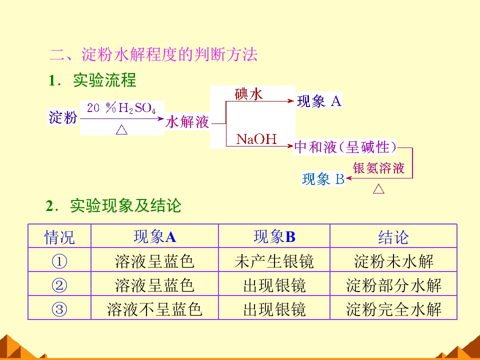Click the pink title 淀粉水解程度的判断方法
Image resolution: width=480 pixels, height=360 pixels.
click(x=169, y=55)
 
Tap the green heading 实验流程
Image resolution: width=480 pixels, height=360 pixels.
click(x=104, y=80)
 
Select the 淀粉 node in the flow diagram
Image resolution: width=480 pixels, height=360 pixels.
click(x=63, y=117)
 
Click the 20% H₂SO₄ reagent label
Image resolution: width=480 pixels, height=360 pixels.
click(x=121, y=108)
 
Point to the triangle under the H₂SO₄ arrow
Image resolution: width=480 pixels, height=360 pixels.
click(x=122, y=129)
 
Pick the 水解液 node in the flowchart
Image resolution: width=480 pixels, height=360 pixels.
click(x=187, y=122)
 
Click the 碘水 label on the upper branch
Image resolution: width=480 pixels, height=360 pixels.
click(x=248, y=94)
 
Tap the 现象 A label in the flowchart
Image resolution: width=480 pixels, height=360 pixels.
click(x=319, y=101)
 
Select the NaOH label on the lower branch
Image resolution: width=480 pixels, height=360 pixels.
click(x=256, y=139)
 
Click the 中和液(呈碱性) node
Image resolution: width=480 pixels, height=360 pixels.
click(x=345, y=147)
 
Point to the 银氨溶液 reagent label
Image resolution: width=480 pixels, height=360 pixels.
click(x=378, y=168)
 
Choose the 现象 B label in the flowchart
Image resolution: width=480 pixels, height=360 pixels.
click(x=323, y=179)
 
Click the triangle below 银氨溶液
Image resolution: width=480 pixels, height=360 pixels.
click(x=378, y=188)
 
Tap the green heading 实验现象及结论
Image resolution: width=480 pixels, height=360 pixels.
click(x=125, y=205)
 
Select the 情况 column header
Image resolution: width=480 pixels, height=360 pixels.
click(x=59, y=237)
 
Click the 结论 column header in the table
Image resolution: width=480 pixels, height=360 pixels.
click(x=393, y=237)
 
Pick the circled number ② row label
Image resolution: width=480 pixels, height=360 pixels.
click(x=59, y=285)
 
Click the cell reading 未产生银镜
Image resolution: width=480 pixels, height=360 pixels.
click(x=274, y=261)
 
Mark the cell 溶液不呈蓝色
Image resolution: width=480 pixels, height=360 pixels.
click(x=154, y=309)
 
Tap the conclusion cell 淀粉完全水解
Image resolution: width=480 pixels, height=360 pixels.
click(x=393, y=309)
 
